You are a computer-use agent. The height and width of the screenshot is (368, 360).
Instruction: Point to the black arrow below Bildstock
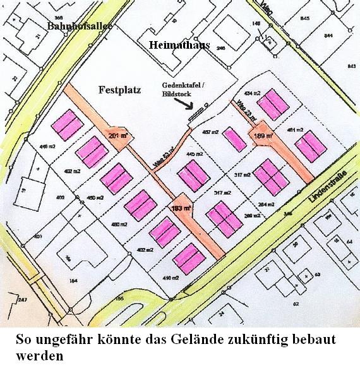coord(193,106)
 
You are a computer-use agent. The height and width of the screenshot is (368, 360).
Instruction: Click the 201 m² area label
coord(117,135)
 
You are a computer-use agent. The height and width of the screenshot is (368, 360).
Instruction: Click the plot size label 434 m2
coord(252,93)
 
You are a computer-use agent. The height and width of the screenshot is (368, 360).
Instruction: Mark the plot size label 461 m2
coord(295,130)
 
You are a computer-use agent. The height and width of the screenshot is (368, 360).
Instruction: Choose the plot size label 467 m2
coord(210,132)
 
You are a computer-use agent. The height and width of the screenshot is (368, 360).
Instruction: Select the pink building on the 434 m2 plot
coord(272,104)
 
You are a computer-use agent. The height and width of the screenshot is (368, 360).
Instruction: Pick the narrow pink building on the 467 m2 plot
coord(235,139)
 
